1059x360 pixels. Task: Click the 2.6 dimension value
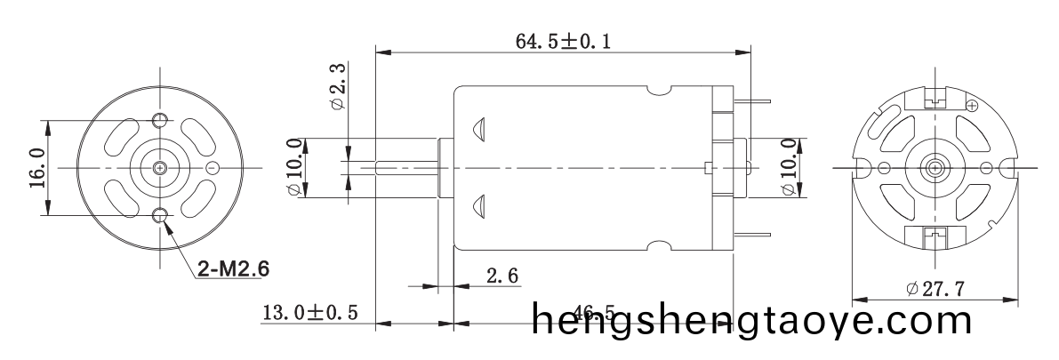502,276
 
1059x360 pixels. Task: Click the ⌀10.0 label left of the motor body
293,167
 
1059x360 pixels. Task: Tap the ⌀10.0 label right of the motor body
787,167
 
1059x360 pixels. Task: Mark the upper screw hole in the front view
160,121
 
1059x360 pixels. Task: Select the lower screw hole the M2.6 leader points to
160,214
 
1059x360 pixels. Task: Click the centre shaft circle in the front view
160,168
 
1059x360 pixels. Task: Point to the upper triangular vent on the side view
478,129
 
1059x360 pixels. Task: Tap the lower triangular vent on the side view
478,206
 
